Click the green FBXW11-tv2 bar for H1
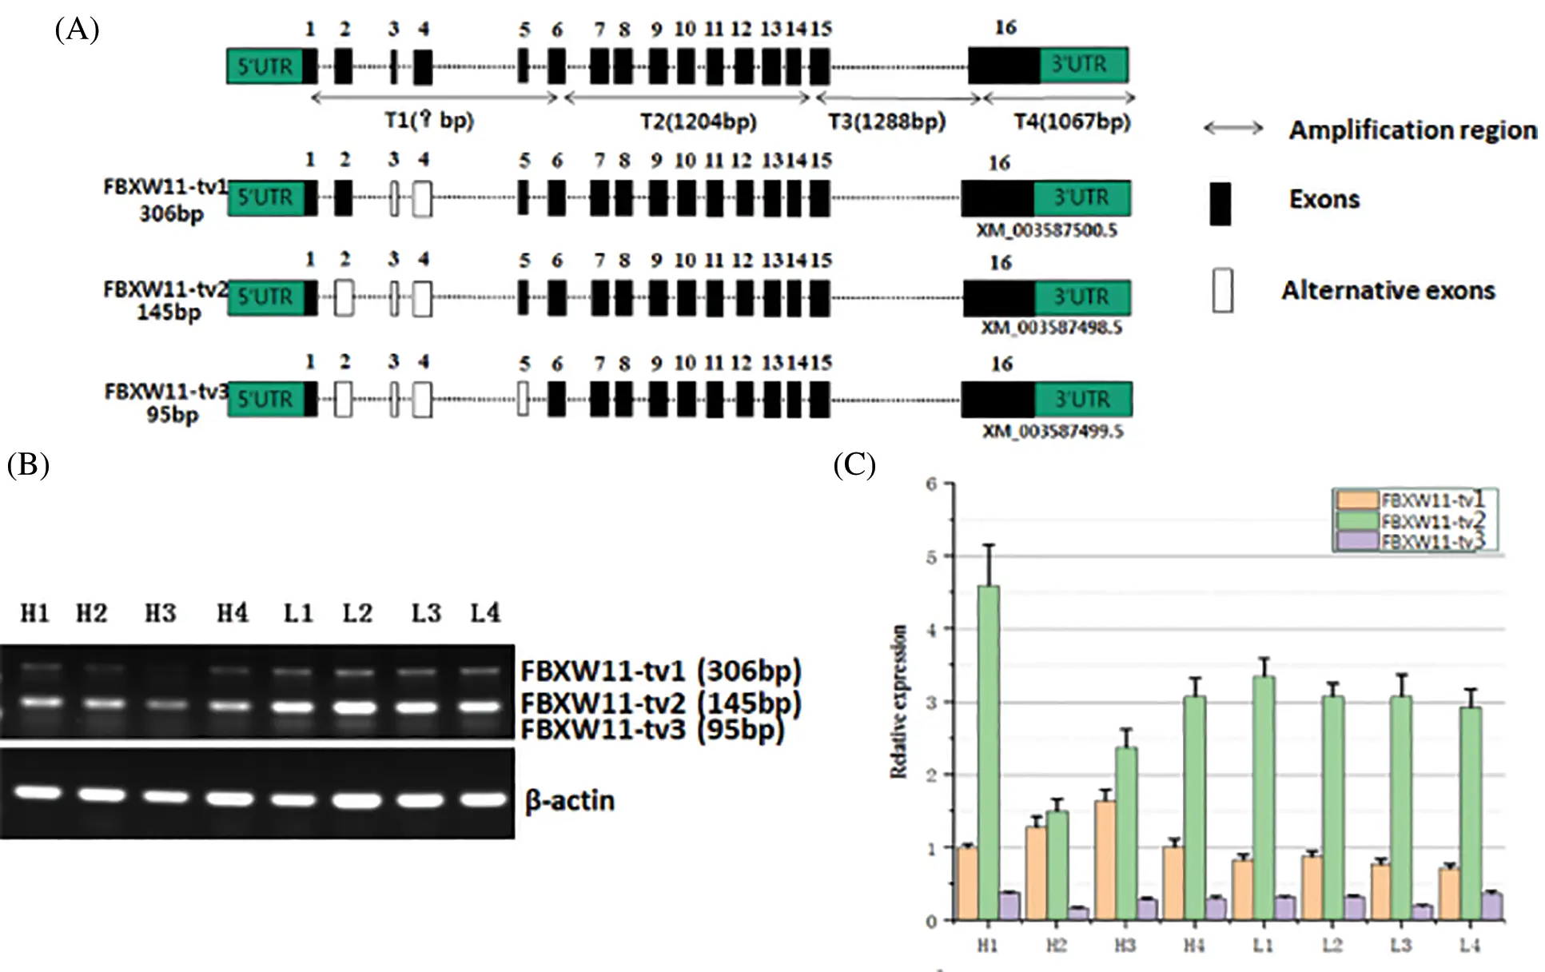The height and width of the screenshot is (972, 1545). (988, 751)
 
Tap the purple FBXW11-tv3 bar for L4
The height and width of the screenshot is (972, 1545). (1491, 906)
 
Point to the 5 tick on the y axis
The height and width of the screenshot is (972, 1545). (932, 556)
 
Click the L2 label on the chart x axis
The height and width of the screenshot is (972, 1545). (1332, 945)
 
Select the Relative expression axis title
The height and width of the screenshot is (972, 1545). (898, 701)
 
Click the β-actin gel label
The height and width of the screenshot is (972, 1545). (570, 800)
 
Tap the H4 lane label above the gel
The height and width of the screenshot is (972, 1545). (232, 613)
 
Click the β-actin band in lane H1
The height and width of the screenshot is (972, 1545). (37, 792)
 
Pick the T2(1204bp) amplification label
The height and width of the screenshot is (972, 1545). (698, 121)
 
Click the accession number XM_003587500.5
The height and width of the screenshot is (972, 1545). (1046, 230)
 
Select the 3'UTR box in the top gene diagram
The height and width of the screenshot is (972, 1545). (1083, 65)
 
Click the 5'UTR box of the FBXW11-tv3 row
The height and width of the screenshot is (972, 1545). (265, 399)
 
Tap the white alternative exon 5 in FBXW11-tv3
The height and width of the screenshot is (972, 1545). (523, 399)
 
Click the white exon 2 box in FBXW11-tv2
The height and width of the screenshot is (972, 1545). (344, 297)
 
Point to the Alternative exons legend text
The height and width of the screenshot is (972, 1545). (1388, 290)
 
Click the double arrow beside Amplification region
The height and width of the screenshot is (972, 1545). (1232, 128)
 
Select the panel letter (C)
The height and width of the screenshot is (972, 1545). (854, 464)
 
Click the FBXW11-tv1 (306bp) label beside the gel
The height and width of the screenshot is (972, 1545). (660, 670)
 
